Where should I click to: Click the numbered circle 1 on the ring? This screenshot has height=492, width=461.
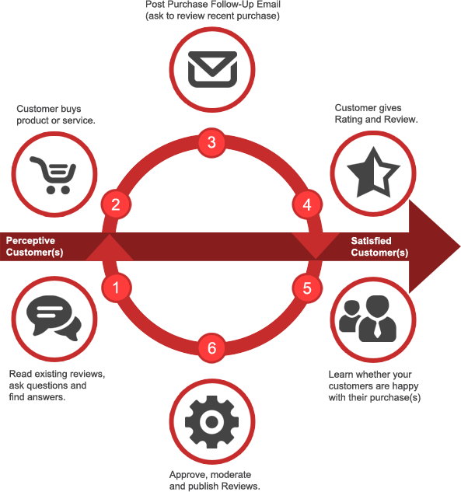pos(116,288)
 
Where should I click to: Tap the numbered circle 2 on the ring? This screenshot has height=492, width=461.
pos(116,204)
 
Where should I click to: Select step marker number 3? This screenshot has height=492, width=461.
pos(211,142)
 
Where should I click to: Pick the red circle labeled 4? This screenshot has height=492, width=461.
pos(307,204)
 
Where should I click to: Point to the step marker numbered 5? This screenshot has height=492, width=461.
pos(307,288)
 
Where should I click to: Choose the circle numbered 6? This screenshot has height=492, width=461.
pos(211,347)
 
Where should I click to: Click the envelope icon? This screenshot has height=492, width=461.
pos(212,69)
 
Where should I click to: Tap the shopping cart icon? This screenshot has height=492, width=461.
pos(54,175)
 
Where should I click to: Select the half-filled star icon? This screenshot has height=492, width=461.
pos(373,173)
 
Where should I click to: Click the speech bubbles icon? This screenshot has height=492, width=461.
pos(54,318)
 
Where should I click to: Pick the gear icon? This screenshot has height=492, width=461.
pos(211,422)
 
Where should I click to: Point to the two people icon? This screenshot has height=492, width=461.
pos(368,319)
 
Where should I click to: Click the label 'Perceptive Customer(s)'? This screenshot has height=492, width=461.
pos(34,246)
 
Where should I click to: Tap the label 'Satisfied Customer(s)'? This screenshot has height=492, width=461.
pos(379,246)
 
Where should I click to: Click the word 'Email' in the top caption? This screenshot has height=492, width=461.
pos(268,5)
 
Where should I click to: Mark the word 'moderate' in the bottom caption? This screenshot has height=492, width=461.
pos(231,474)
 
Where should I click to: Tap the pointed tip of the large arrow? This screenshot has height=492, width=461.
pos(460,246)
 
